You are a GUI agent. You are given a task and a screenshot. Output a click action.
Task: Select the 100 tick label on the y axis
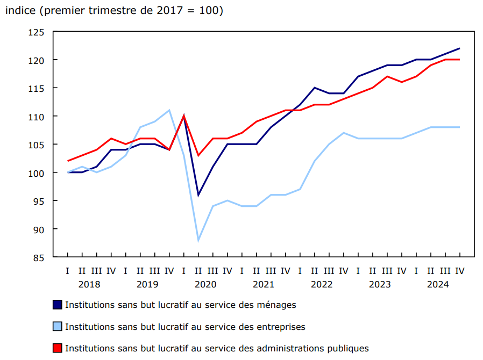[36, 172]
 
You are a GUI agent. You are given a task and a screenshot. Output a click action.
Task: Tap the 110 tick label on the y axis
[36, 116]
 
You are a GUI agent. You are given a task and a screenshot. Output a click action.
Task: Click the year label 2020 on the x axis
[205, 284]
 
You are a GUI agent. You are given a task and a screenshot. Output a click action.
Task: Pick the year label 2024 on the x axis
[438, 284]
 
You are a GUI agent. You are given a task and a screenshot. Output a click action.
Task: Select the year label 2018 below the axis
[89, 284]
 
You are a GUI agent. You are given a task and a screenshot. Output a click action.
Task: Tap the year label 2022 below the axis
[322, 284]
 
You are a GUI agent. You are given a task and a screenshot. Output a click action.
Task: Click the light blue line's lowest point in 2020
[198, 240]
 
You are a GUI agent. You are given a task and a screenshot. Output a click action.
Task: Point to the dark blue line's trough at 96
[198, 195]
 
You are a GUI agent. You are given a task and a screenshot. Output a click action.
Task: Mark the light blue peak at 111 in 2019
[169, 110]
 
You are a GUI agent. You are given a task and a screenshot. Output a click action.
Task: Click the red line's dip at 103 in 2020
[198, 155]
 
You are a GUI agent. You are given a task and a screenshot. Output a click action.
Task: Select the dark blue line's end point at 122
[459, 48]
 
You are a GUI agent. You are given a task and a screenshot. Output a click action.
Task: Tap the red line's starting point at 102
[68, 161]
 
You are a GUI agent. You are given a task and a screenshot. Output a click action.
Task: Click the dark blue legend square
[58, 305]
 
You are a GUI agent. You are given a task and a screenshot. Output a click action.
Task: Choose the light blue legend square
[58, 326]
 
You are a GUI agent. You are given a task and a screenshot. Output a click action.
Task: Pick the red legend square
[58, 348]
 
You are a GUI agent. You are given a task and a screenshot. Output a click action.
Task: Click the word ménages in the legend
[276, 305]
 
